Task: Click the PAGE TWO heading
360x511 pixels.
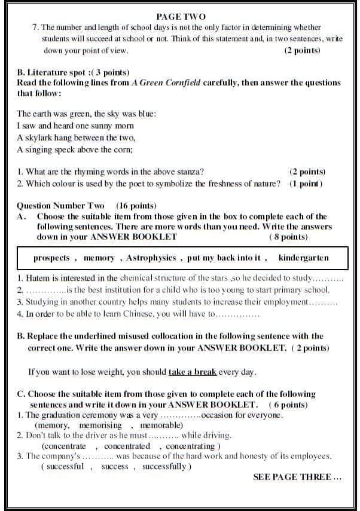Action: pyautogui.click(x=180, y=17)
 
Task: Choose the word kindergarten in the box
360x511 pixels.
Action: pyautogui.click(x=304, y=258)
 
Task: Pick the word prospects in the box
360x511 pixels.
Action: pyautogui.click(x=51, y=258)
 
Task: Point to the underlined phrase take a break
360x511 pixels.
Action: pyautogui.click(x=192, y=372)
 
